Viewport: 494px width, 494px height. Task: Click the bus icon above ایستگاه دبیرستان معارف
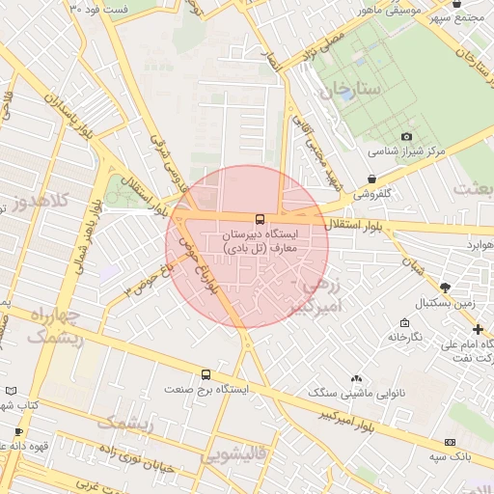click(x=260, y=219)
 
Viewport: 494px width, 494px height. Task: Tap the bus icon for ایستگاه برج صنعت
click(x=205, y=374)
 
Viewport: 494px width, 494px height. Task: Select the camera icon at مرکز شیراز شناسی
click(x=406, y=137)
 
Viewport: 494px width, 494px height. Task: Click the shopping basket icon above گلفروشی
click(x=372, y=178)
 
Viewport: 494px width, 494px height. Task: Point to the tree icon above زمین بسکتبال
click(x=445, y=288)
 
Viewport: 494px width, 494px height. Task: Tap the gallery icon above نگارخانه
click(x=404, y=322)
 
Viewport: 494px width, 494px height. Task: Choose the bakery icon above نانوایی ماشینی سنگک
click(x=358, y=378)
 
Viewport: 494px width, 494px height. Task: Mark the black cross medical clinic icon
click(x=478, y=330)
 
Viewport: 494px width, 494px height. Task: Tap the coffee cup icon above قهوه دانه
click(x=17, y=431)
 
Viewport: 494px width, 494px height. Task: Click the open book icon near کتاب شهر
click(x=10, y=391)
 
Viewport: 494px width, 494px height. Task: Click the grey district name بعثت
click(x=473, y=186)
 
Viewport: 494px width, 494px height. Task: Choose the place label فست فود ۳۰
click(x=98, y=7)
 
